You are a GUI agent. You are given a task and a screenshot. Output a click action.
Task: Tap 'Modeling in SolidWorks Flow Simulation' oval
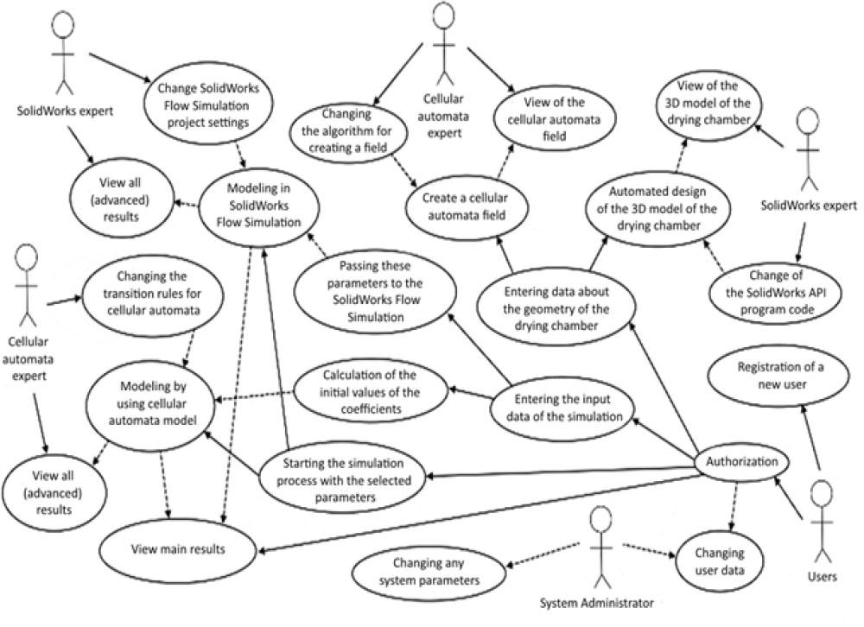[251, 212]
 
